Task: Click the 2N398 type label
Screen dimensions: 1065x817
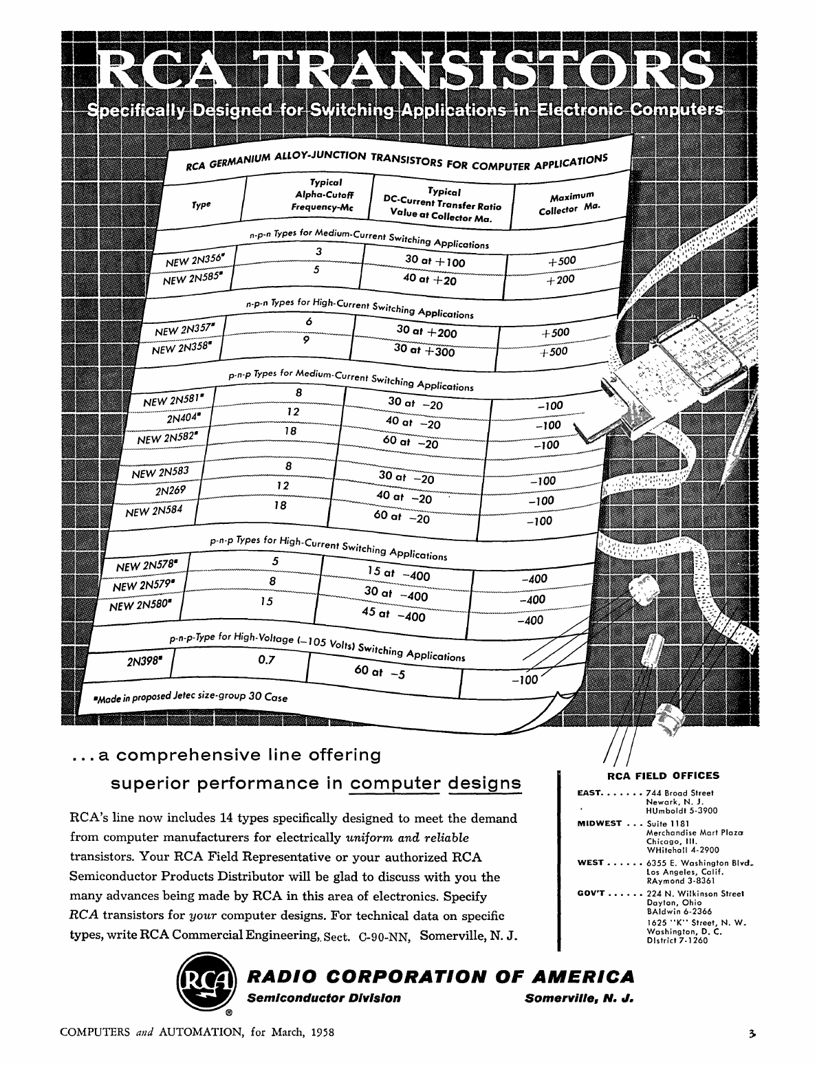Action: point(145,662)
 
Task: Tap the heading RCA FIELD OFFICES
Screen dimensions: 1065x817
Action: point(663,776)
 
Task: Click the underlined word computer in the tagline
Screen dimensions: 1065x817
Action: point(395,784)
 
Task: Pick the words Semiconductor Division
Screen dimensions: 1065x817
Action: point(324,998)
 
